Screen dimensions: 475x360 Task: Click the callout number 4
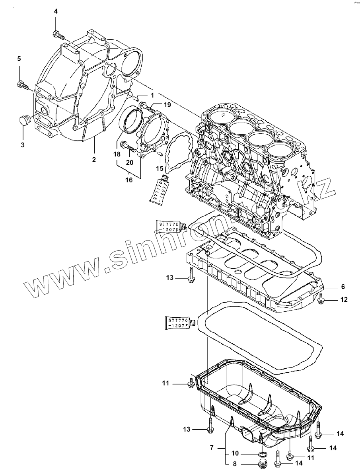pos(56,11)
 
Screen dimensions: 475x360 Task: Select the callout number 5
pos(19,59)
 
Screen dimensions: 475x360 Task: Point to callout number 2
pos(94,160)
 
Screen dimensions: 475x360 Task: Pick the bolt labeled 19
pos(147,106)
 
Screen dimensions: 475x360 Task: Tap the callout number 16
pos(129,180)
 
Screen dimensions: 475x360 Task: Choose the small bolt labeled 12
pos(321,299)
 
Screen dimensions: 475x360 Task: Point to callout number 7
pos(212,448)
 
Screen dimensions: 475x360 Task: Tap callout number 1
pos(152,96)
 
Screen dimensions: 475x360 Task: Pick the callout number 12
pos(343,299)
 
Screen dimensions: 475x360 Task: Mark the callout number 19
pos(167,105)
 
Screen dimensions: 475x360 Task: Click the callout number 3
pos(23,145)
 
